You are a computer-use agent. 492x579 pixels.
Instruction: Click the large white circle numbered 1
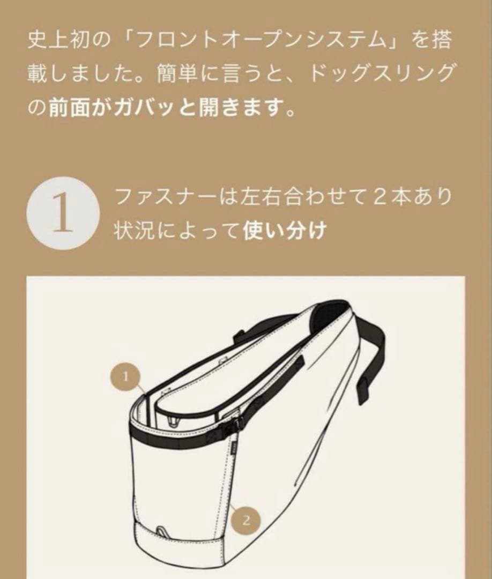(x=63, y=214)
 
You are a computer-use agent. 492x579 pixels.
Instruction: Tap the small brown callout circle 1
(x=126, y=376)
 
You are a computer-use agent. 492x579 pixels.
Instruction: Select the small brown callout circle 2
(x=246, y=519)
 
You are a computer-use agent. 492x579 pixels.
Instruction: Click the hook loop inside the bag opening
(x=172, y=418)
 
